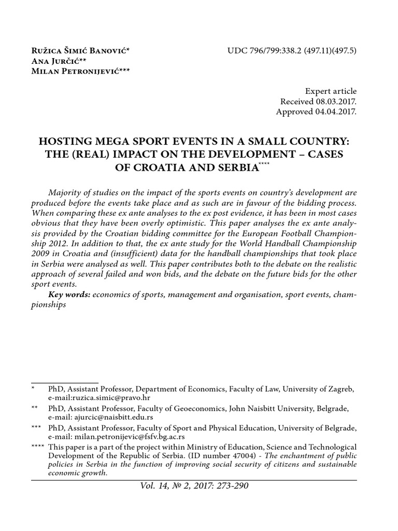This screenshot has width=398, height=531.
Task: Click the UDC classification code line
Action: point(292,51)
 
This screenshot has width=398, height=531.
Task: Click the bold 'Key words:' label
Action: point(69,295)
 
